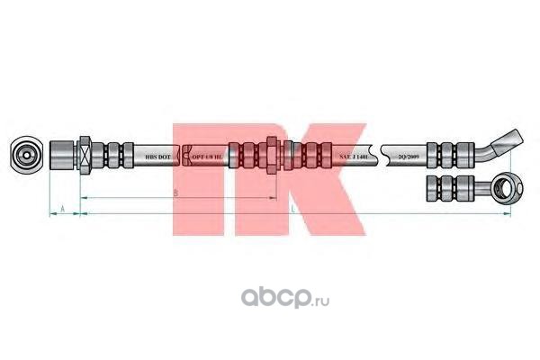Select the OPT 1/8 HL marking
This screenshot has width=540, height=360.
(208, 155)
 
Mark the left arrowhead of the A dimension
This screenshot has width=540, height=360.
(49, 214)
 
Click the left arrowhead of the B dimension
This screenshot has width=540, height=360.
(84, 196)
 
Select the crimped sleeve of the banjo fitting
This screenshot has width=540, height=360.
(454, 188)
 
